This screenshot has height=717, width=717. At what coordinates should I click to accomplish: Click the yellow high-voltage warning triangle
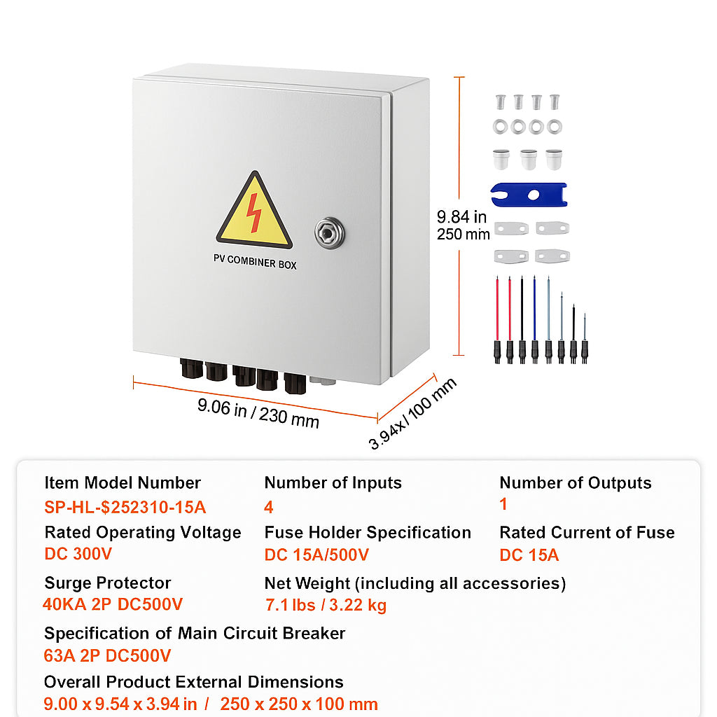click(254, 214)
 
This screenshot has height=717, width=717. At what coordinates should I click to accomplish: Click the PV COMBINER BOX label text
click(255, 265)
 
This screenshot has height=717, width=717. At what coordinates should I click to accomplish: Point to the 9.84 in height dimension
click(462, 218)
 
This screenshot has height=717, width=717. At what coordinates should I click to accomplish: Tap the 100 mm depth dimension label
click(413, 413)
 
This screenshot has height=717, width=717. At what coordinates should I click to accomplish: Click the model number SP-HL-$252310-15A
click(125, 508)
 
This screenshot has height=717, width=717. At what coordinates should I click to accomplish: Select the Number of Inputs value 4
click(269, 508)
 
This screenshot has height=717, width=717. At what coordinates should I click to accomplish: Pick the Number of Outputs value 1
click(503, 504)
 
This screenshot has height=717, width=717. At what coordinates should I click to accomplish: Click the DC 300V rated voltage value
click(78, 554)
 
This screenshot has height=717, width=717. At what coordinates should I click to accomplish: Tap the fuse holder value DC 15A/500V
click(316, 555)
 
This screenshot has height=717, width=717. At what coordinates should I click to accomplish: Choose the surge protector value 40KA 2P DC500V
click(113, 604)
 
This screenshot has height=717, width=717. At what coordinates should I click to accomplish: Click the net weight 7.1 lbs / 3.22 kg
click(326, 605)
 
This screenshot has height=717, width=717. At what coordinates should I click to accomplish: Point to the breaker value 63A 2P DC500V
click(107, 655)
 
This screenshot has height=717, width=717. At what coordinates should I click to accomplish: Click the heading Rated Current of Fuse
click(587, 532)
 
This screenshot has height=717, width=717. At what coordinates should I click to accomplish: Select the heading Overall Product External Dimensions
click(193, 682)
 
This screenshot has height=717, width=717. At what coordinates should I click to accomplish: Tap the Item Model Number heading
click(123, 482)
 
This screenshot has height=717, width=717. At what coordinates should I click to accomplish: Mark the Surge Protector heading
click(107, 583)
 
